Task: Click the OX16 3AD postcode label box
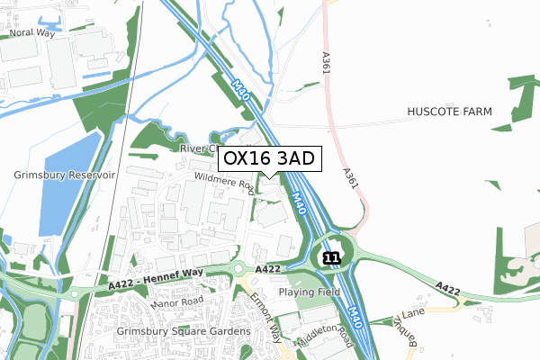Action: [269, 158]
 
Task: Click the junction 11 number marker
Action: [331, 257]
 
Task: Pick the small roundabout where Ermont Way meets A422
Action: [238, 268]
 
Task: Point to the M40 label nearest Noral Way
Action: [239, 90]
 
